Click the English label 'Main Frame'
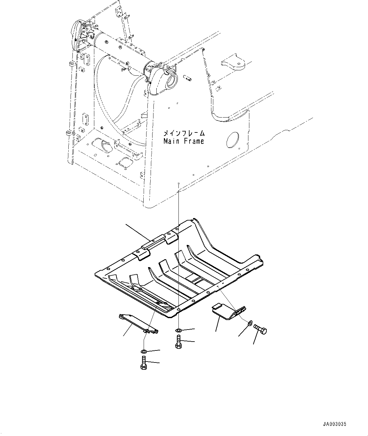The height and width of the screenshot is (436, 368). pos(184,141)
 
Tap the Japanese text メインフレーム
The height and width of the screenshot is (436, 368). pos(184,133)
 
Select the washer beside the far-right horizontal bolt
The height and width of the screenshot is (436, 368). pos(249,324)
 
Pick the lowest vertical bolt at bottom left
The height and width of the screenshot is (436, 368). pos(143,362)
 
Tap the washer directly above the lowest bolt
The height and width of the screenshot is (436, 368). pos(143,351)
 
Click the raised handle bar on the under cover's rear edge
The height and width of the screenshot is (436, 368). pos(153,241)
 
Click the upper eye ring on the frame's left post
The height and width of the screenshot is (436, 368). pos(72,64)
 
